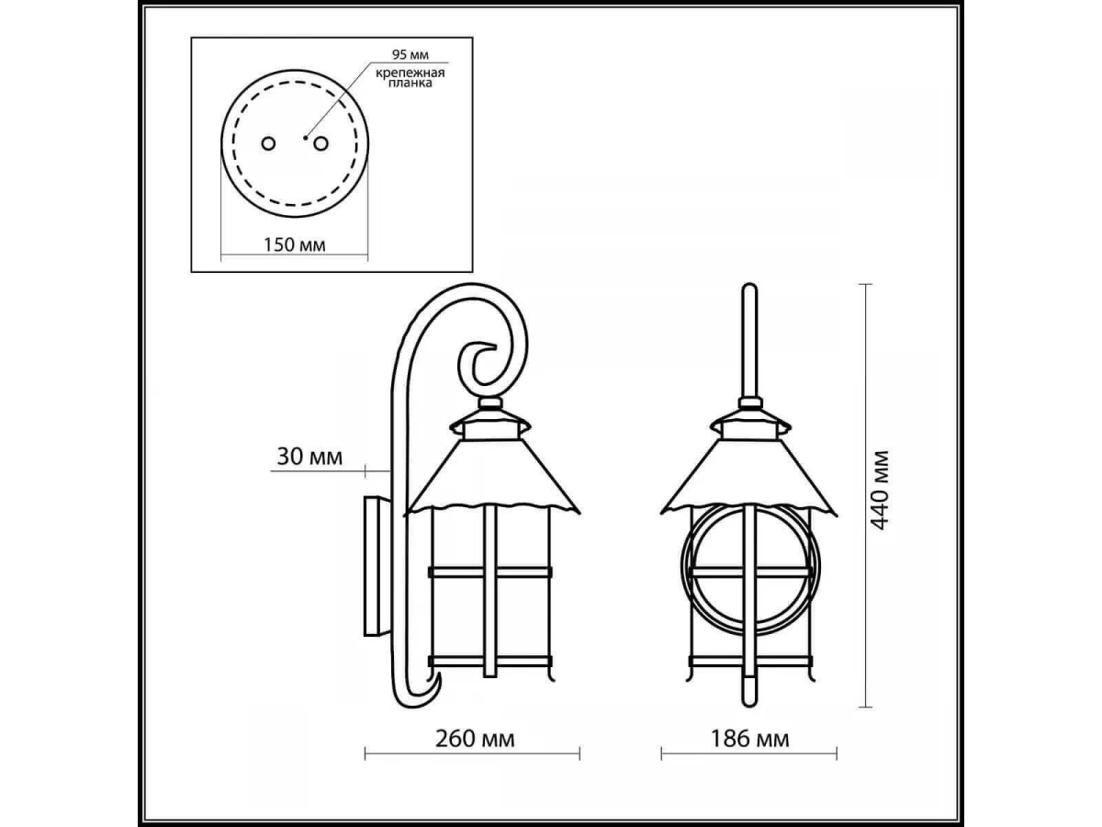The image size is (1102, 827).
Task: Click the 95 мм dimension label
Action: click(x=410, y=54)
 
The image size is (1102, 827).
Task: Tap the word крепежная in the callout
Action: click(x=410, y=73)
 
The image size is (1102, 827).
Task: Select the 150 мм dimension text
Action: click(x=295, y=244)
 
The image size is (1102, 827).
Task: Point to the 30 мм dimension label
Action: click(x=309, y=457)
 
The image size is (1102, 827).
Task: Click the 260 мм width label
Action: click(x=475, y=739)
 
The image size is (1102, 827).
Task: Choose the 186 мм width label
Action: click(x=750, y=739)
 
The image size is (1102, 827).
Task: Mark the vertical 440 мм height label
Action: click(x=880, y=491)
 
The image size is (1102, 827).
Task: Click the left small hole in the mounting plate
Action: click(x=268, y=144)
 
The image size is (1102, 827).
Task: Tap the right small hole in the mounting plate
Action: click(x=320, y=144)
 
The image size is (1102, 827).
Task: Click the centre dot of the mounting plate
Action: click(x=305, y=137)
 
